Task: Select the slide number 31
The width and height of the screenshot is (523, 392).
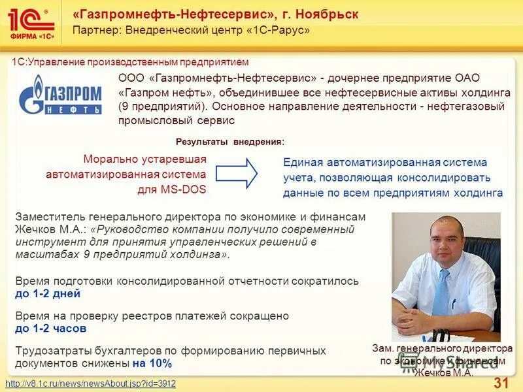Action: (x=501, y=382)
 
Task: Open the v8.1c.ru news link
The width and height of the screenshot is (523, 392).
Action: (x=90, y=384)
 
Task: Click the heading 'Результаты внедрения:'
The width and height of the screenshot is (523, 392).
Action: (x=230, y=142)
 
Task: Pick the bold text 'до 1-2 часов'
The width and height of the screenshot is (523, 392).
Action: (x=50, y=329)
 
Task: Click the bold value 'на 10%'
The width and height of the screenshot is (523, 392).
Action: (x=152, y=363)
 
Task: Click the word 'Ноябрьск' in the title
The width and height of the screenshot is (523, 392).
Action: (x=326, y=14)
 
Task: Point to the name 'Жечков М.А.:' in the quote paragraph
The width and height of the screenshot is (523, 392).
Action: (x=50, y=229)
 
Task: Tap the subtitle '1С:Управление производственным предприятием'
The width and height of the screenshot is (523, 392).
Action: (x=131, y=62)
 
